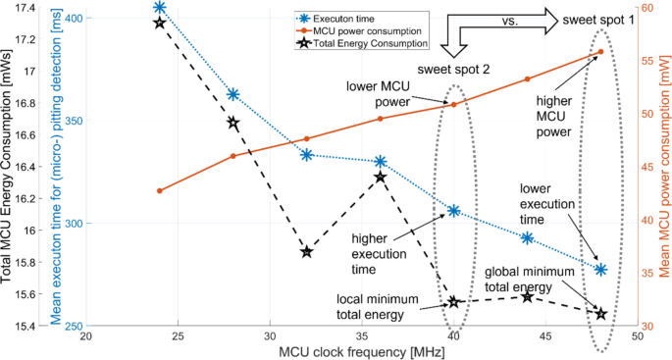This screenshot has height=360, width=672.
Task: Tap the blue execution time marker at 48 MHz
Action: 600,269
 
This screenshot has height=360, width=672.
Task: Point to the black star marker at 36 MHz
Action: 381,177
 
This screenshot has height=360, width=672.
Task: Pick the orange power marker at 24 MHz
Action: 160,190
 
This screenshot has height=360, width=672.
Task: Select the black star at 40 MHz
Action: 454,302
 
